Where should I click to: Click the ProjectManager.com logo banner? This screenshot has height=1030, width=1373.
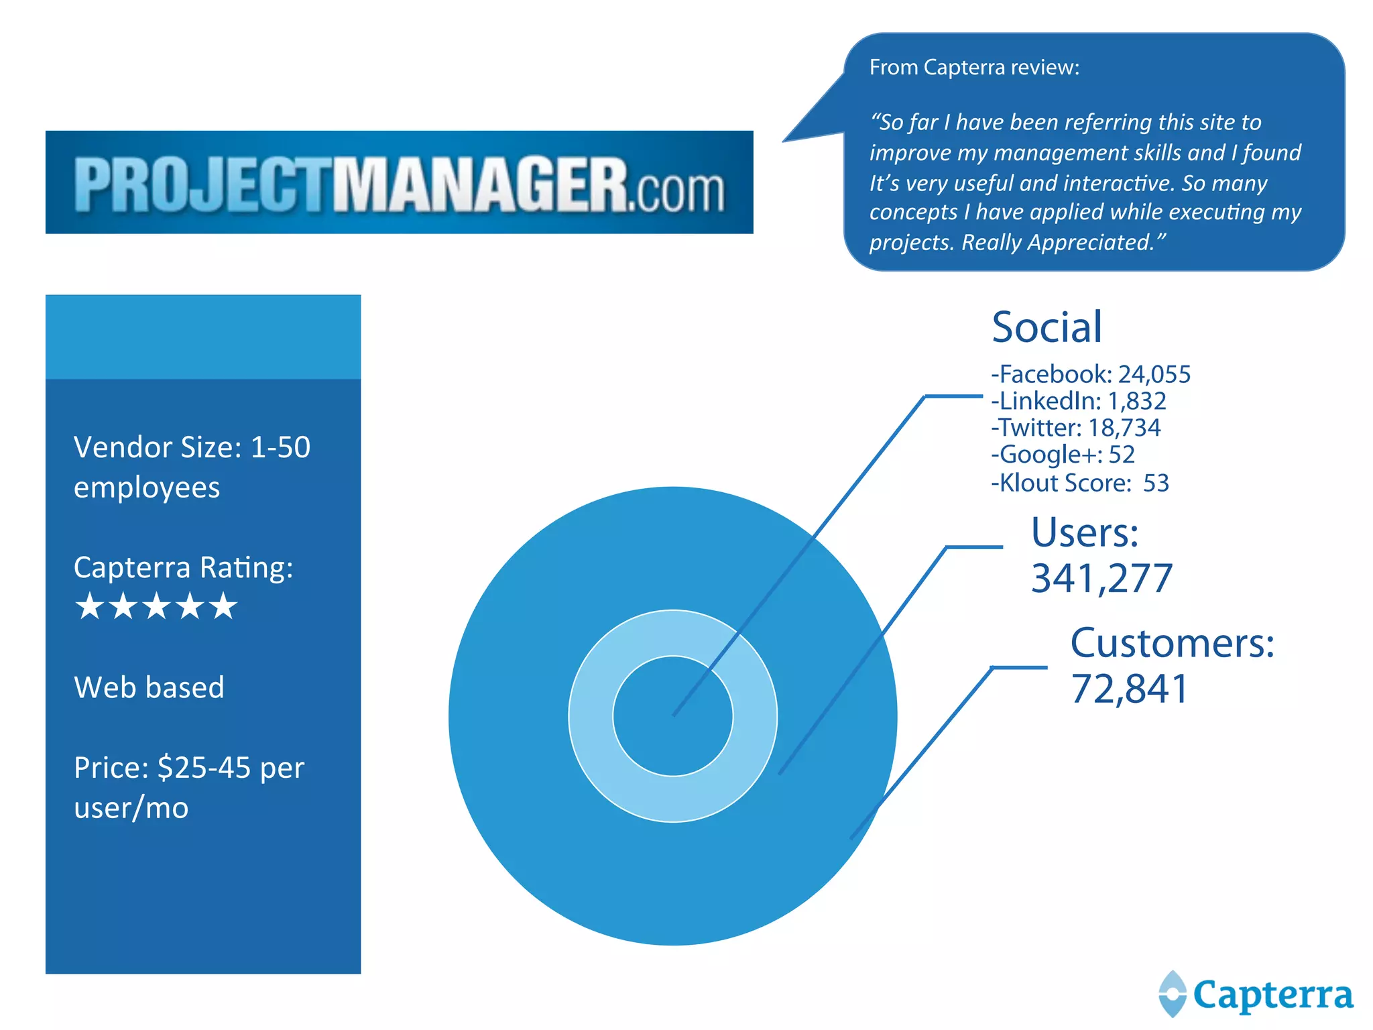pyautogui.click(x=400, y=182)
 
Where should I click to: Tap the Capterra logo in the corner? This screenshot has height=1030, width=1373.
pyautogui.click(x=1255, y=994)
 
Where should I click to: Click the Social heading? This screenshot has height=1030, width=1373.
pyautogui.click(x=1047, y=327)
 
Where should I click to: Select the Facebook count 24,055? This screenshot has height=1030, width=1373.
pyautogui.click(x=1154, y=374)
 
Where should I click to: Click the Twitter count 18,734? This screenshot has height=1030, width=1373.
pyautogui.click(x=1124, y=428)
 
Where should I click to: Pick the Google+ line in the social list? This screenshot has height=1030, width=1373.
pyautogui.click(x=1063, y=455)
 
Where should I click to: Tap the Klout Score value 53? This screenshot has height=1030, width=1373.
pyautogui.click(x=1156, y=483)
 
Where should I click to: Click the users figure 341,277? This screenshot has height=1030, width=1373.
pyautogui.click(x=1101, y=578)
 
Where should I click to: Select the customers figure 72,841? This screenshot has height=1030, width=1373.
pyautogui.click(x=1130, y=689)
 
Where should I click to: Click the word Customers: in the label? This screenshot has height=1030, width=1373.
pyautogui.click(x=1172, y=644)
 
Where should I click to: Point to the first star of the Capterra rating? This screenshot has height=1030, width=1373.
pyautogui.click(x=90, y=606)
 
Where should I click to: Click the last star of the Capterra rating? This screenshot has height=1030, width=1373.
pyautogui.click(x=223, y=606)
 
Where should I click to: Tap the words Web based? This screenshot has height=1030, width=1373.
pyautogui.click(x=149, y=687)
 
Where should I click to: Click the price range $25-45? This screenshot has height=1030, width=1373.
pyautogui.click(x=204, y=768)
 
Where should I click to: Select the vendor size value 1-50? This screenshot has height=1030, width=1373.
pyautogui.click(x=280, y=447)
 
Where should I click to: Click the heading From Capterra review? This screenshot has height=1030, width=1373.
pyautogui.click(x=974, y=68)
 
